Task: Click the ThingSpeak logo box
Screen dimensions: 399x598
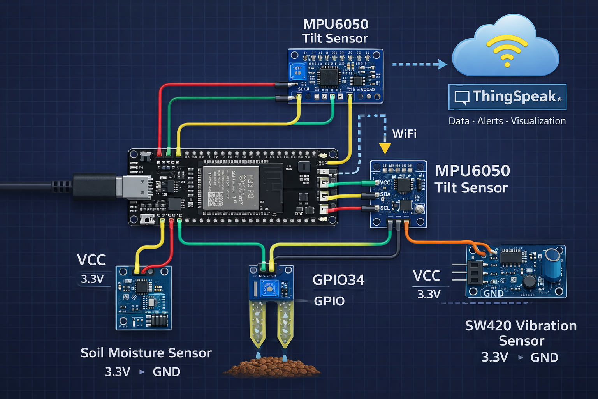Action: (x=507, y=97)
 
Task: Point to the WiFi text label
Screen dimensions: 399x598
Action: (x=404, y=134)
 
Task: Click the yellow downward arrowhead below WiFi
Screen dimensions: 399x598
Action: (x=385, y=148)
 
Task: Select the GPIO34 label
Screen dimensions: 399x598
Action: (x=338, y=280)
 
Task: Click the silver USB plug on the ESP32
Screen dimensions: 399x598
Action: (x=136, y=187)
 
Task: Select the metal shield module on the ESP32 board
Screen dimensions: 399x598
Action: (x=231, y=188)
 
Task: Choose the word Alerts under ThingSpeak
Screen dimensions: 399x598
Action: (x=490, y=121)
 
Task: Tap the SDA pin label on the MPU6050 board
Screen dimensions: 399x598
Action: (x=385, y=194)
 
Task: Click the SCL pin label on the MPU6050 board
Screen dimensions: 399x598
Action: (x=385, y=208)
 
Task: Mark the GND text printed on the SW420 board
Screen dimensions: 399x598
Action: (x=493, y=293)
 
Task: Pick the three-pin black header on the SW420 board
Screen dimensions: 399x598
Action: (x=475, y=272)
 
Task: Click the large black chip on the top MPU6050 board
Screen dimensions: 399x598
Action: (x=329, y=76)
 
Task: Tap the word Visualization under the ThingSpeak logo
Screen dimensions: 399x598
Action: (x=538, y=121)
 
